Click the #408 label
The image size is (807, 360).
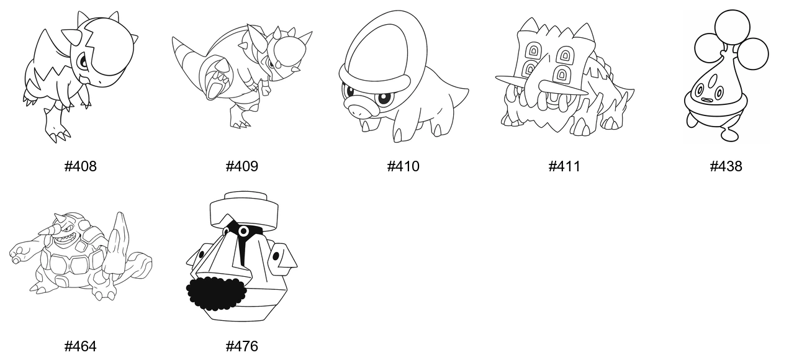pyautogui.click(x=80, y=166)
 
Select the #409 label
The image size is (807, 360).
pyautogui.click(x=241, y=166)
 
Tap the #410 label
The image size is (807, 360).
pyautogui.click(x=403, y=166)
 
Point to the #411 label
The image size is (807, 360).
pyautogui.click(x=564, y=166)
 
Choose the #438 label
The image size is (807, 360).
pyautogui.click(x=726, y=166)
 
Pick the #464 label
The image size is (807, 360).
pyautogui.click(x=80, y=346)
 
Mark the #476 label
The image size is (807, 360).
pyautogui.click(x=241, y=346)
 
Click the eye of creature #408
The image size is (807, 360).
pyautogui.click(x=83, y=62)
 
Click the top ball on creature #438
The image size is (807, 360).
pyautogui.click(x=732, y=27)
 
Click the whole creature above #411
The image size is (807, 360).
pyautogui.click(x=564, y=77)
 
